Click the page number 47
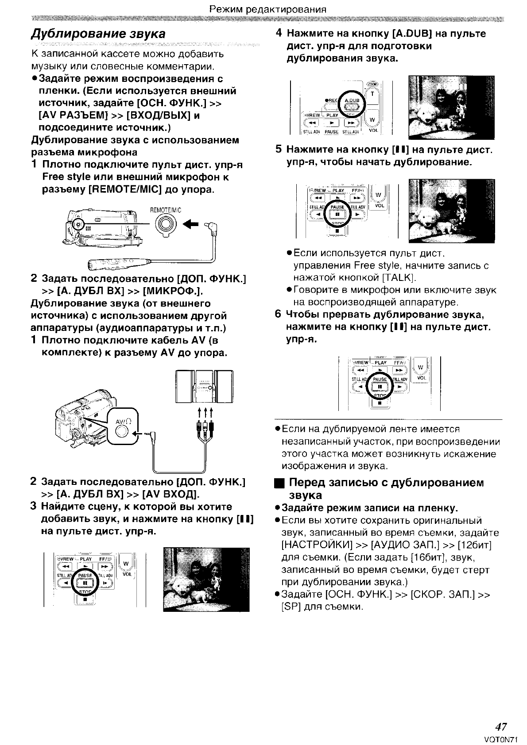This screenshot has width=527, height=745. (501, 727)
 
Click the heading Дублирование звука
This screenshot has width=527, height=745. (98, 34)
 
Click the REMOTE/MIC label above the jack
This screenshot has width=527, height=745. (166, 211)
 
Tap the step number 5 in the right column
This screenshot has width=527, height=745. (279, 150)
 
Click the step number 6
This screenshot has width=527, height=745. (278, 315)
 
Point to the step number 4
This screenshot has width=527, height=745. (279, 34)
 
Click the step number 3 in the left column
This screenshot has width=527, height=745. (33, 507)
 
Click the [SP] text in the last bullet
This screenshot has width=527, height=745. (290, 607)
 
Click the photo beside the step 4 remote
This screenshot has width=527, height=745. (451, 108)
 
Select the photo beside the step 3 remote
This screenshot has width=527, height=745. (206, 580)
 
